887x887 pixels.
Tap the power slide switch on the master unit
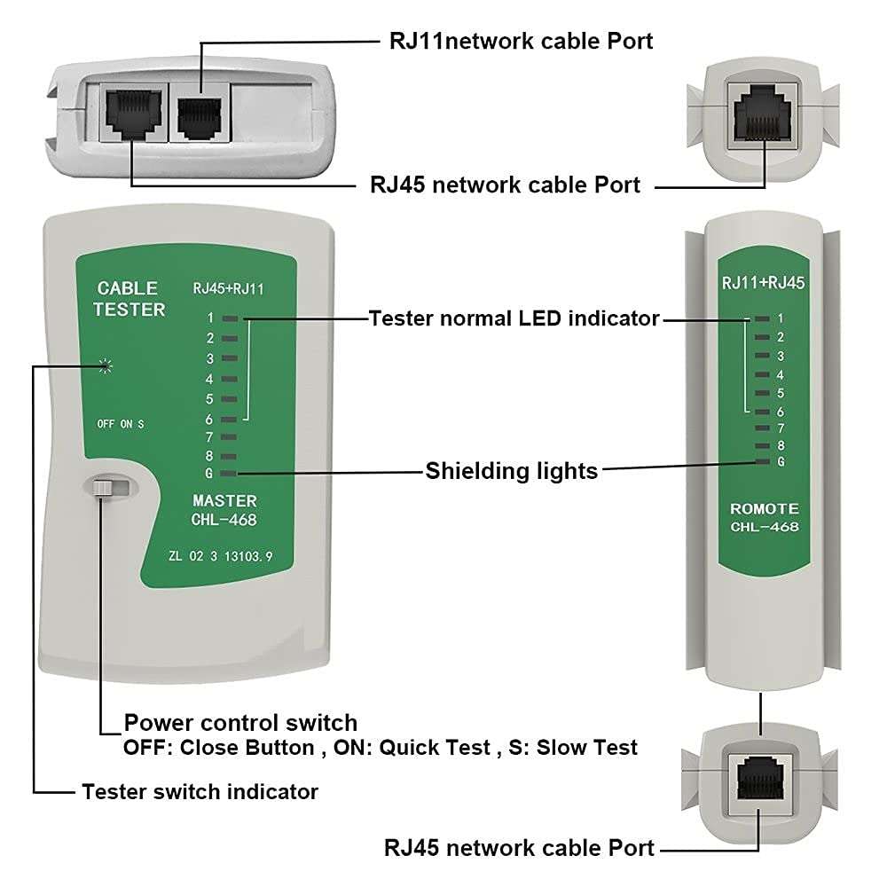(x=104, y=488)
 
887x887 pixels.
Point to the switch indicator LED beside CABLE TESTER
(x=106, y=365)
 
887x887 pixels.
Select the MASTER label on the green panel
(x=224, y=501)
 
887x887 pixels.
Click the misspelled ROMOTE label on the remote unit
(x=764, y=509)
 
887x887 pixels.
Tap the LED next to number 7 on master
(x=229, y=436)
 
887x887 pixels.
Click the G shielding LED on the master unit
(x=229, y=474)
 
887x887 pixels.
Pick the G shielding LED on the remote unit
(x=762, y=462)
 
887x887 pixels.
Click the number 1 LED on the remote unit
(x=762, y=318)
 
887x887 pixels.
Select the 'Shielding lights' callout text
(x=512, y=470)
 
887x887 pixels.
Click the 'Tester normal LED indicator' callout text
(x=514, y=318)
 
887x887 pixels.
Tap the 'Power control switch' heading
(x=240, y=722)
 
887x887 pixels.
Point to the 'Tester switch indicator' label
(x=200, y=791)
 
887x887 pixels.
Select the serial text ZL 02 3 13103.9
(x=220, y=557)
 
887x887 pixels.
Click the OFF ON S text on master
(x=121, y=424)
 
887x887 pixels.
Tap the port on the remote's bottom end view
(x=761, y=776)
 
